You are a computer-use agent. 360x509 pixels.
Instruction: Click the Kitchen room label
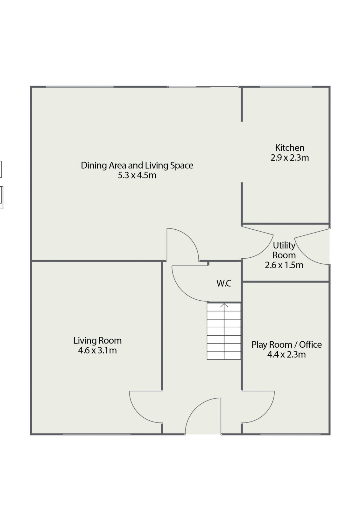[290, 148]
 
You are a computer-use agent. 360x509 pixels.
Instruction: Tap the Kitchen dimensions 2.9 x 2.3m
[290, 158]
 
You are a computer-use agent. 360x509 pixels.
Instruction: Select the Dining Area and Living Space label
[137, 165]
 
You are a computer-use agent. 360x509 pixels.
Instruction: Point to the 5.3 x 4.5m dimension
[137, 175]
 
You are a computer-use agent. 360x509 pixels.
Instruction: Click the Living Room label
[97, 341]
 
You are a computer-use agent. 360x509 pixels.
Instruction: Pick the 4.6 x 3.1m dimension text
[97, 350]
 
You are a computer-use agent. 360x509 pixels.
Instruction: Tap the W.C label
[224, 283]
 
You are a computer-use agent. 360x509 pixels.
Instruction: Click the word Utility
[284, 246]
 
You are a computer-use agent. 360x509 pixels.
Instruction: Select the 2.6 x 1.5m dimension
[284, 265]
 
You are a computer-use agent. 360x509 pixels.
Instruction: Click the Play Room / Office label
[286, 345]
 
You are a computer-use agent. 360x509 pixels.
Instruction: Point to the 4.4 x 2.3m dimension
[286, 354]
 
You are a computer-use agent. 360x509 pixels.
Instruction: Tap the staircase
[224, 331]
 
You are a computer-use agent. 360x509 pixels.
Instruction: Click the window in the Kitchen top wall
[286, 87]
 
